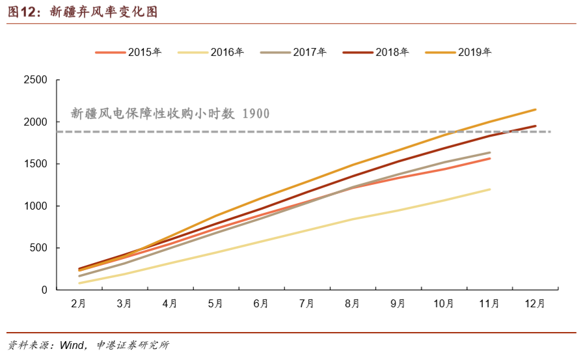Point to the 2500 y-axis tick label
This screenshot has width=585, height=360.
(x=36, y=80)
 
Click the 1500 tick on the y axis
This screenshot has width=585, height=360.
(x=36, y=164)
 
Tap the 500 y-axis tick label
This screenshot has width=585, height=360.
(x=38, y=248)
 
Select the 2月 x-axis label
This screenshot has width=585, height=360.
(x=79, y=303)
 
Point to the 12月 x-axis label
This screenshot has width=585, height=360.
(x=535, y=303)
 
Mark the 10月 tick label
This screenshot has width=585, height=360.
(x=444, y=303)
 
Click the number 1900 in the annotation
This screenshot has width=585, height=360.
(x=255, y=114)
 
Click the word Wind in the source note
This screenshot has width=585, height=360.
(x=71, y=345)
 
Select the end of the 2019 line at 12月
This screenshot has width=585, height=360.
(x=536, y=109)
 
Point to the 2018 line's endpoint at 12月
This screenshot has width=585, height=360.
(x=536, y=126)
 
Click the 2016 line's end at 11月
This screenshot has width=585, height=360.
(x=489, y=189)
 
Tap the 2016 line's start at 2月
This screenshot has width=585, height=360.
(x=79, y=283)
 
